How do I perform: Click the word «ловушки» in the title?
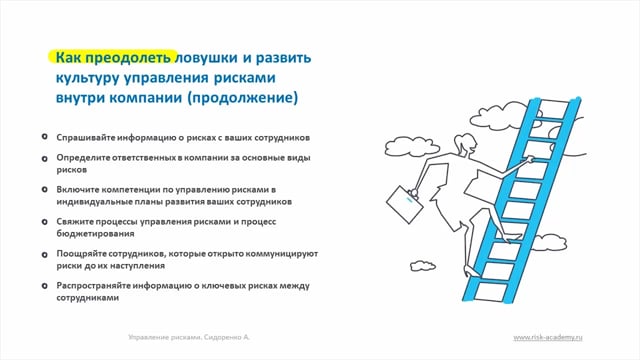206,58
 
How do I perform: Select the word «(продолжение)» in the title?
242,98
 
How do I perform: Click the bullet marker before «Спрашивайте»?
44,137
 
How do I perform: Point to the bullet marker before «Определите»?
44,158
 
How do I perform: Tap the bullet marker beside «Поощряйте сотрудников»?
44,255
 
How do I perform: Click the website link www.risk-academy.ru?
548,337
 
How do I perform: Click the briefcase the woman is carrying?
404,205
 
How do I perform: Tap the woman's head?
466,144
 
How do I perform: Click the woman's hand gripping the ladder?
530,160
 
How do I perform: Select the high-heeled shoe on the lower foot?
470,272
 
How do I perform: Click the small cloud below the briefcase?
422,266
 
